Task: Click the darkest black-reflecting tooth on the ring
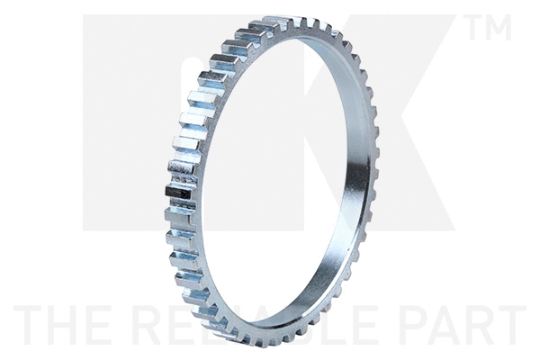[179, 193]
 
